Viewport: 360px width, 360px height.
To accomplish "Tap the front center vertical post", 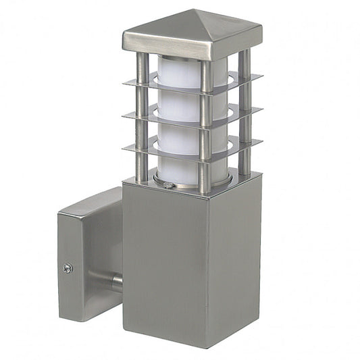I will tap(205, 128).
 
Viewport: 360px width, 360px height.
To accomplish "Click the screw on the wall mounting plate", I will tap(68, 268).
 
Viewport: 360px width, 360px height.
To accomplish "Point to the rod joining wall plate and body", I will tap(117, 280).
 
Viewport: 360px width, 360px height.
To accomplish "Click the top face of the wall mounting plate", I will tap(91, 203).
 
